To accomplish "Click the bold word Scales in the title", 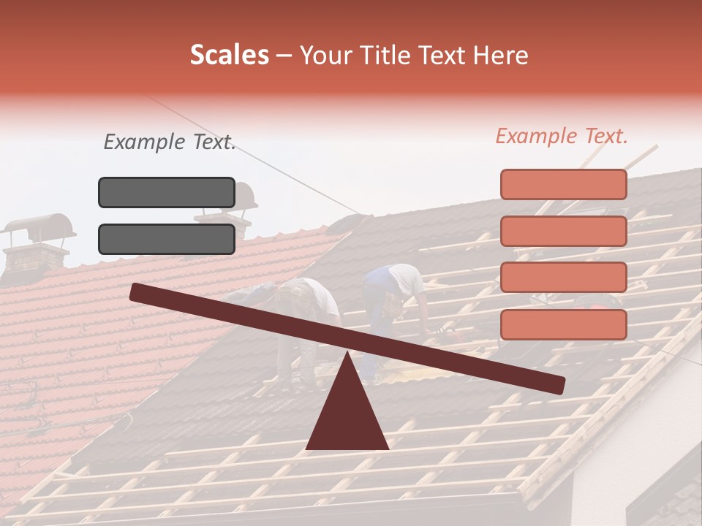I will pyautogui.click(x=229, y=56).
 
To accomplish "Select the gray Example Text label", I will pyautogui.click(x=170, y=142).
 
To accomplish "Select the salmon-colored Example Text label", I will pyautogui.click(x=562, y=136).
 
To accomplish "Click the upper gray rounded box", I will pyautogui.click(x=167, y=192).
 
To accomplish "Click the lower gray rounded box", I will pyautogui.click(x=167, y=239).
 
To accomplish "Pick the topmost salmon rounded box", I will pyautogui.click(x=563, y=184).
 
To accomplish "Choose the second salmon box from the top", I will pyautogui.click(x=563, y=231).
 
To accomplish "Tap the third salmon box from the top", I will pyautogui.click(x=563, y=278).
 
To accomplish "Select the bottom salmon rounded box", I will pyautogui.click(x=563, y=324).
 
